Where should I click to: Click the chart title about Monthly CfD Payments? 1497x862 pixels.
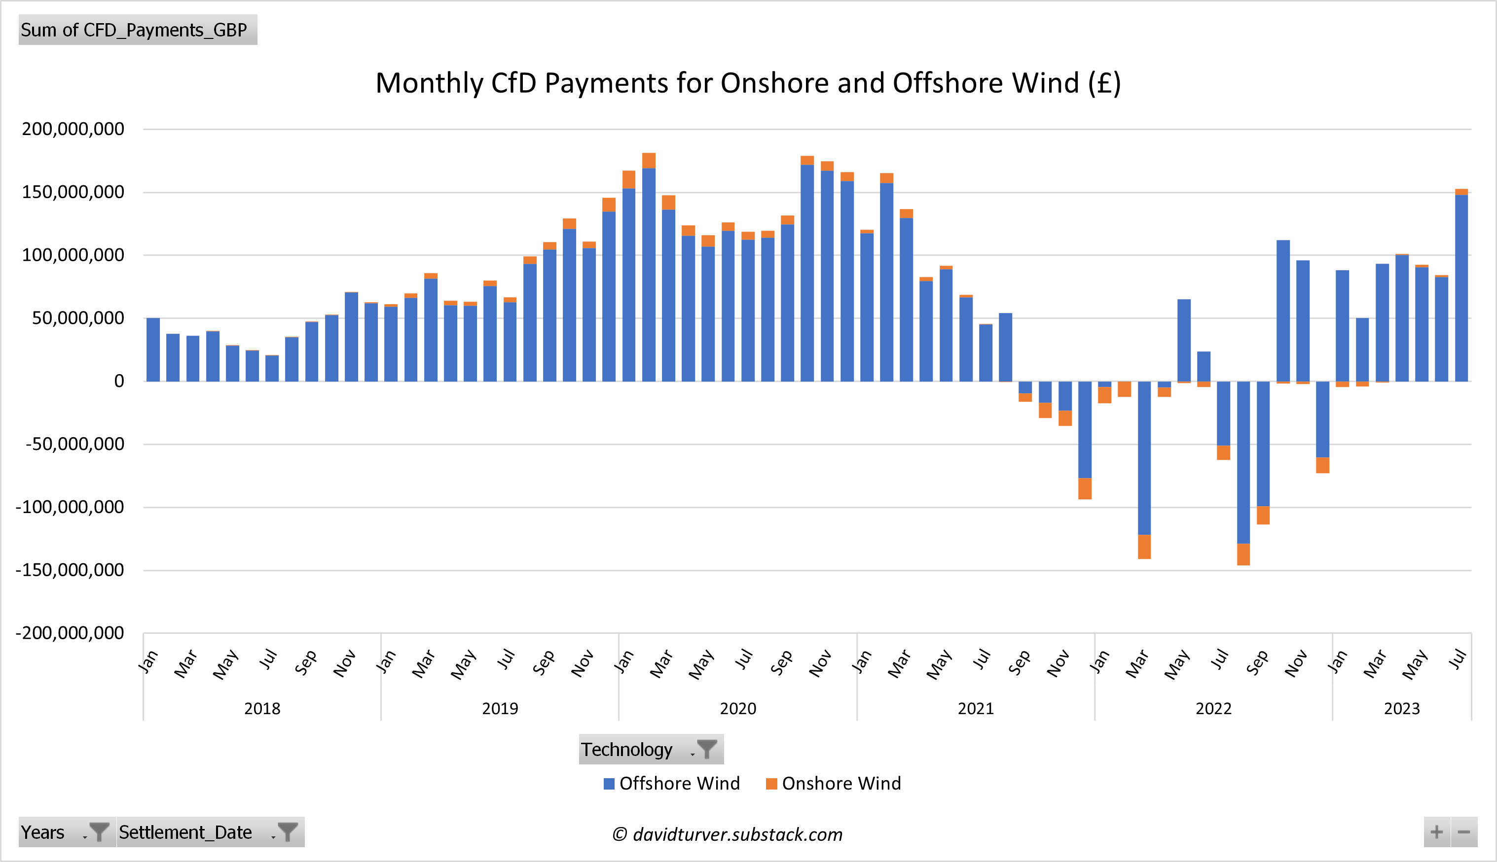pyautogui.click(x=748, y=83)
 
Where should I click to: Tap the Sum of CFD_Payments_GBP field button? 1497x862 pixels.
pyautogui.click(x=138, y=30)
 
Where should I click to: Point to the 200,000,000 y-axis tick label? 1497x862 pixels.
pyautogui.click(x=73, y=129)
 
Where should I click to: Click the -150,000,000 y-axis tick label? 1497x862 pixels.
pyautogui.click(x=70, y=570)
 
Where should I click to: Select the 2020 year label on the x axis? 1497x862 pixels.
pyautogui.click(x=737, y=709)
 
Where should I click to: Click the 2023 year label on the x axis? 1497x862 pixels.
pyautogui.click(x=1402, y=709)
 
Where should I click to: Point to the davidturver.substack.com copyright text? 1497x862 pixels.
pyautogui.click(x=727, y=834)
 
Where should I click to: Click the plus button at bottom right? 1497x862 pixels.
pyautogui.click(x=1436, y=832)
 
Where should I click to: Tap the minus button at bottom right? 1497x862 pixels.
pyautogui.click(x=1464, y=832)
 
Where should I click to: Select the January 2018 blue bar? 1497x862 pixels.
pyautogui.click(x=153, y=349)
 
